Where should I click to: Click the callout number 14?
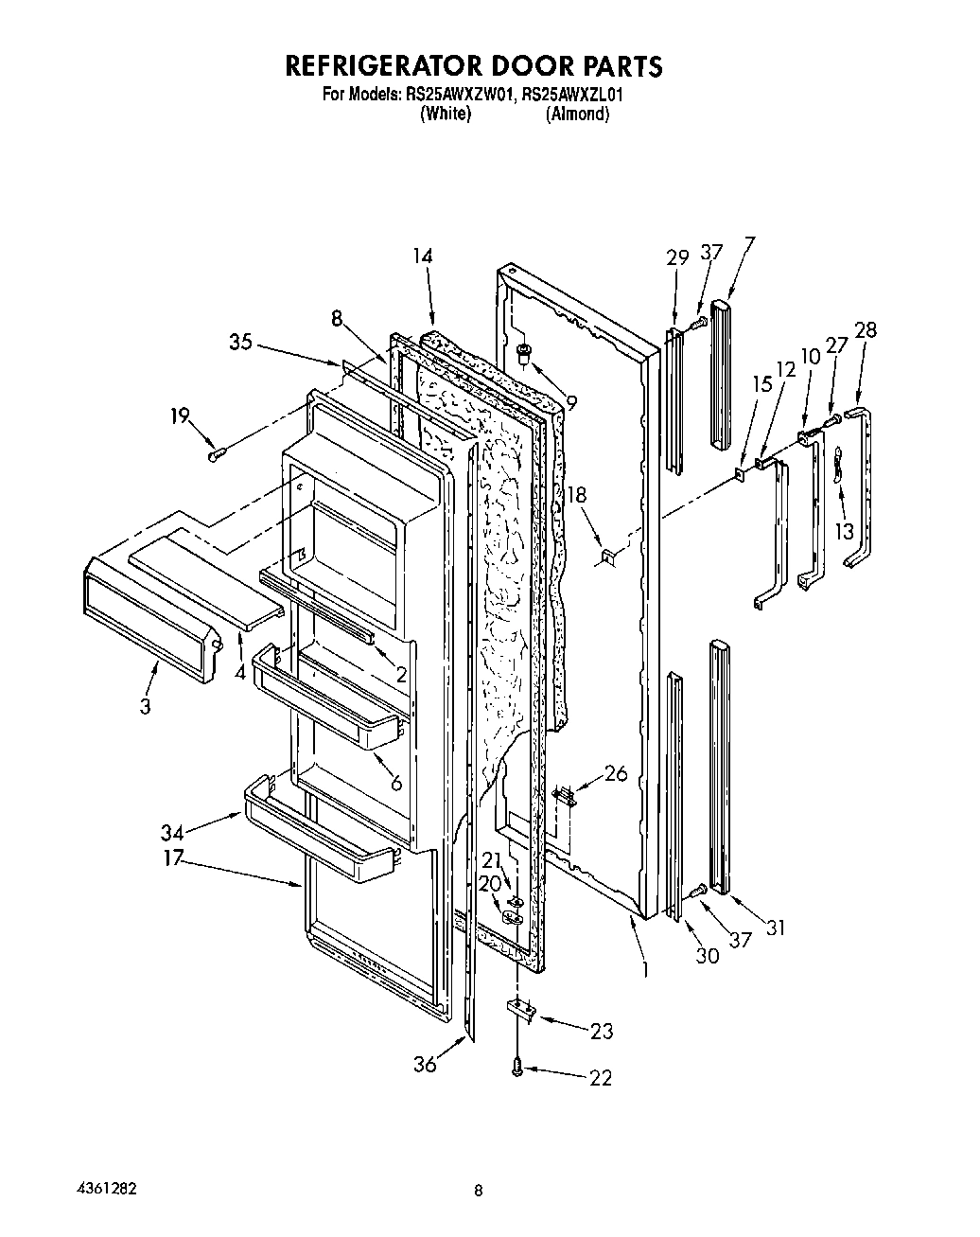click(x=422, y=256)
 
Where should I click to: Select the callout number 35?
click(x=241, y=342)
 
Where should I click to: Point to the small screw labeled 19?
click(x=215, y=456)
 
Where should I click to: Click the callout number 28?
click(x=865, y=330)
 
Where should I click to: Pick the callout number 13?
click(x=845, y=531)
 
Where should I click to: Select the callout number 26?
click(x=615, y=774)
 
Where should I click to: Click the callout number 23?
click(x=602, y=1032)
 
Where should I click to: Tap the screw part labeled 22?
click(x=517, y=1068)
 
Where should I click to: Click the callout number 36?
click(x=425, y=1064)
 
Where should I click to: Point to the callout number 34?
click(x=172, y=832)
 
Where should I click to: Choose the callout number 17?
click(x=172, y=861)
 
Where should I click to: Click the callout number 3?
click(x=146, y=706)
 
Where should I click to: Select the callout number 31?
click(x=776, y=928)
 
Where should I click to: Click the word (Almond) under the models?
click(x=577, y=114)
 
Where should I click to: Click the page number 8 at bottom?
click(x=479, y=1191)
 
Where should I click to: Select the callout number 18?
click(x=577, y=494)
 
